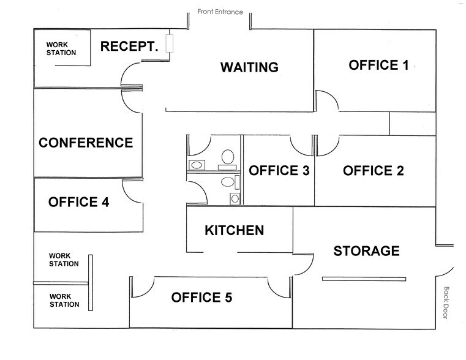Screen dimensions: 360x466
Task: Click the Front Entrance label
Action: [220, 12]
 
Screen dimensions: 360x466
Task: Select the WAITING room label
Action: [249, 67]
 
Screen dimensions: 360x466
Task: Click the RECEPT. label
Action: [129, 47]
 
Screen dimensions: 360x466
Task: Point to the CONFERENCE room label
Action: [86, 143]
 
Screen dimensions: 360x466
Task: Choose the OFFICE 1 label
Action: [378, 65]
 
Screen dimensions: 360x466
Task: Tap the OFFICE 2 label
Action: [373, 171]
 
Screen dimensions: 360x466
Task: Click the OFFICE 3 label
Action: [279, 171]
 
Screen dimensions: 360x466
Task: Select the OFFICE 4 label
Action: [78, 201]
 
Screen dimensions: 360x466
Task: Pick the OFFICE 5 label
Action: [201, 298]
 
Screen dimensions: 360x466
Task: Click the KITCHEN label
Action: [234, 231]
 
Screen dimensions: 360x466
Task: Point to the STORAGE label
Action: [366, 250]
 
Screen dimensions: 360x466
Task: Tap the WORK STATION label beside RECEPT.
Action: [61, 48]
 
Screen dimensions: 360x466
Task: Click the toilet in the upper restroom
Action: [228, 157]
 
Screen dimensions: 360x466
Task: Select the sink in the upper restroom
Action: [197, 165]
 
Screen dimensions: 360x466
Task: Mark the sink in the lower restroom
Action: [234, 198]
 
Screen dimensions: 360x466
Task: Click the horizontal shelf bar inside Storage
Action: [364, 279]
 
